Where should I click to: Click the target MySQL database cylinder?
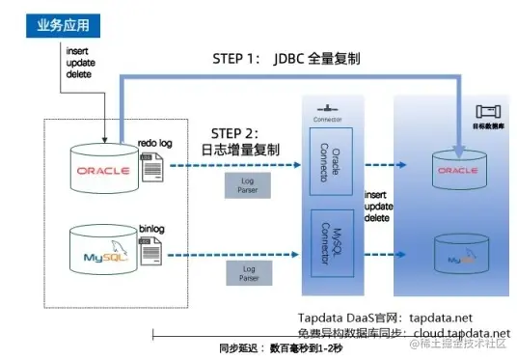point(458,256)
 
